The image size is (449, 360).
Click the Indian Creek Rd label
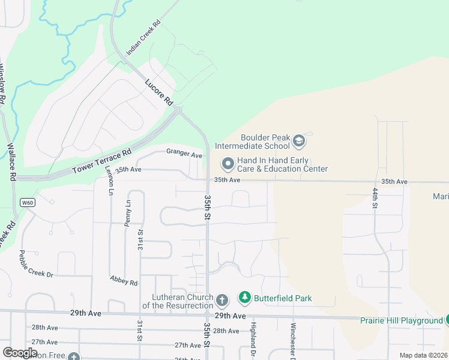143,38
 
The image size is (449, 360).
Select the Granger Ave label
184,154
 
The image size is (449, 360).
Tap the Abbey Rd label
124,280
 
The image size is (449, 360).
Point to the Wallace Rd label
11,162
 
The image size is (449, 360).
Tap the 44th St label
375,197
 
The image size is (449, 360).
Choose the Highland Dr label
253,338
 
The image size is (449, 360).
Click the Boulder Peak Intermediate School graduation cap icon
299,142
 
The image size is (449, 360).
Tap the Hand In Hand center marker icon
228,163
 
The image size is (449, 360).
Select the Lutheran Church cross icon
221,299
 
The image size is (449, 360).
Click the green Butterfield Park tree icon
244,297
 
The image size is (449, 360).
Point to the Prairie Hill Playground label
401,320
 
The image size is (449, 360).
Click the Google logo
20,352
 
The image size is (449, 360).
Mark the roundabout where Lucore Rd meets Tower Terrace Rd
178,110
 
